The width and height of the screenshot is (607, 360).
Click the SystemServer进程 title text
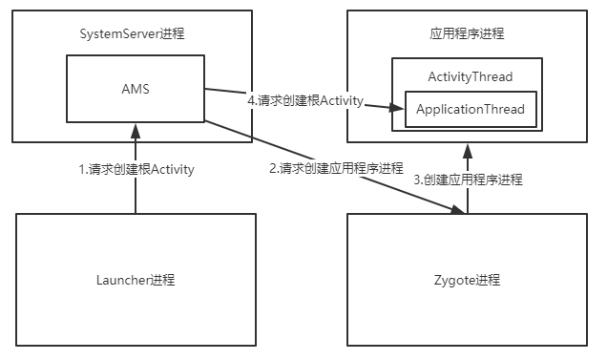click(x=133, y=33)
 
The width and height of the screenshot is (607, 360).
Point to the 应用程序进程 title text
click(x=468, y=33)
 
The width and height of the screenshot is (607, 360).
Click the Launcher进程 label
click(x=136, y=280)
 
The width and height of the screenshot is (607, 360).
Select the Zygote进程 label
click(x=468, y=280)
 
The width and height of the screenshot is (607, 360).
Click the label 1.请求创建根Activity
click(x=136, y=169)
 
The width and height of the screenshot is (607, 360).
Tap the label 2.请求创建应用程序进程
click(x=337, y=169)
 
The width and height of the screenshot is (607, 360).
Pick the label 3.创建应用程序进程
click(x=468, y=179)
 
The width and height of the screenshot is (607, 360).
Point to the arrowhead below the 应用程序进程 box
click(x=468, y=150)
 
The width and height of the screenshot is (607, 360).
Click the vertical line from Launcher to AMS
click(x=135, y=196)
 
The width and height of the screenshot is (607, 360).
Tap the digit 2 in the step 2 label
click(x=272, y=169)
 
